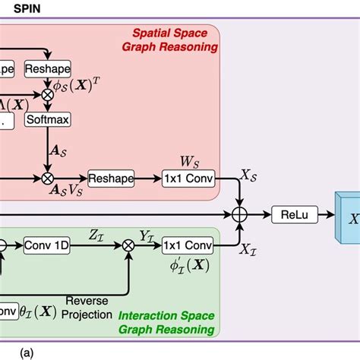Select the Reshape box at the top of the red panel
[x=47, y=68]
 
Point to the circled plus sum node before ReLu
[x=240, y=216]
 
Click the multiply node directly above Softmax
[x=47, y=95]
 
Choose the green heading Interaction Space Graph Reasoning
[x=168, y=322]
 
